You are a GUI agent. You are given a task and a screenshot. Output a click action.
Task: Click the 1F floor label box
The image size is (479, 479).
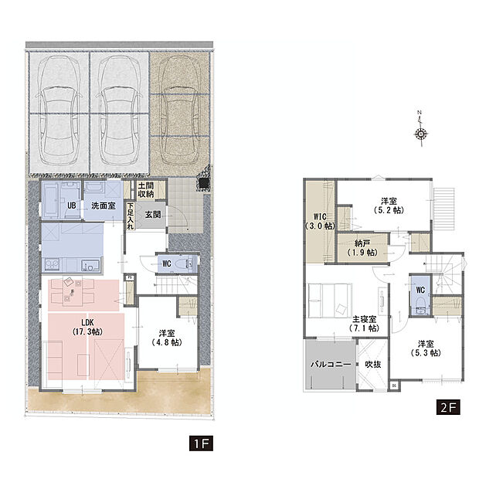201,443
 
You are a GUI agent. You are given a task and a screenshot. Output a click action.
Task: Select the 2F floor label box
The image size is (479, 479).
448,407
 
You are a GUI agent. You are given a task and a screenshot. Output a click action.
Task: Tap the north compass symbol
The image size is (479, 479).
421,130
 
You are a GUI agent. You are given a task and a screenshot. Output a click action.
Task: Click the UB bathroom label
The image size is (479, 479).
72,206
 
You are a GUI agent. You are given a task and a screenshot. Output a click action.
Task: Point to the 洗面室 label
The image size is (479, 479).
104,206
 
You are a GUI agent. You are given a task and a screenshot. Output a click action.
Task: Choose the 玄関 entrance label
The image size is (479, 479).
153,215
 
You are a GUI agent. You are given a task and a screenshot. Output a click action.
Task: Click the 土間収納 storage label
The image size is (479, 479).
146,190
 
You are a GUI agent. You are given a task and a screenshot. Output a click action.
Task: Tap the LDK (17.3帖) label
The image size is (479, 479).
87,327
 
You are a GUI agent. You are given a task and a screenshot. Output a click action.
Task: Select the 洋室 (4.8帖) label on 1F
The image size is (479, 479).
167,338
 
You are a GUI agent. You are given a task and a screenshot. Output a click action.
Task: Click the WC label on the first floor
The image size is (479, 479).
166,263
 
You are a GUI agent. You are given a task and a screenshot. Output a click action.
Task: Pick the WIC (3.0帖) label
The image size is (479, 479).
320,221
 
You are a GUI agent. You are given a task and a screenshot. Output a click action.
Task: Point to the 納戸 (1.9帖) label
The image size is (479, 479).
362,248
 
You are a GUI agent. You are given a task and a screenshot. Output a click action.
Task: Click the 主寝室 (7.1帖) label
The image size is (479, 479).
364,324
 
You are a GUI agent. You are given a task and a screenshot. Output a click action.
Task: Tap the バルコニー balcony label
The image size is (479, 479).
331,364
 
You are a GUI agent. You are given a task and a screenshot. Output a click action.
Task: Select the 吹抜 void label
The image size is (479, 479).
373,364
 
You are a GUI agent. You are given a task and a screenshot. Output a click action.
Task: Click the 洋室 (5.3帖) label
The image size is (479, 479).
426,348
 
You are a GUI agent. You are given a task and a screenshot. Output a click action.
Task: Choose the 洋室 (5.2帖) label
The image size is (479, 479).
389,206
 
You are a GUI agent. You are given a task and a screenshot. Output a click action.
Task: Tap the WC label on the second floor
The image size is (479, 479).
420,290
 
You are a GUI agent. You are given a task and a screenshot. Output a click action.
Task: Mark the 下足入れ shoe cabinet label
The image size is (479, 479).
131,216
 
